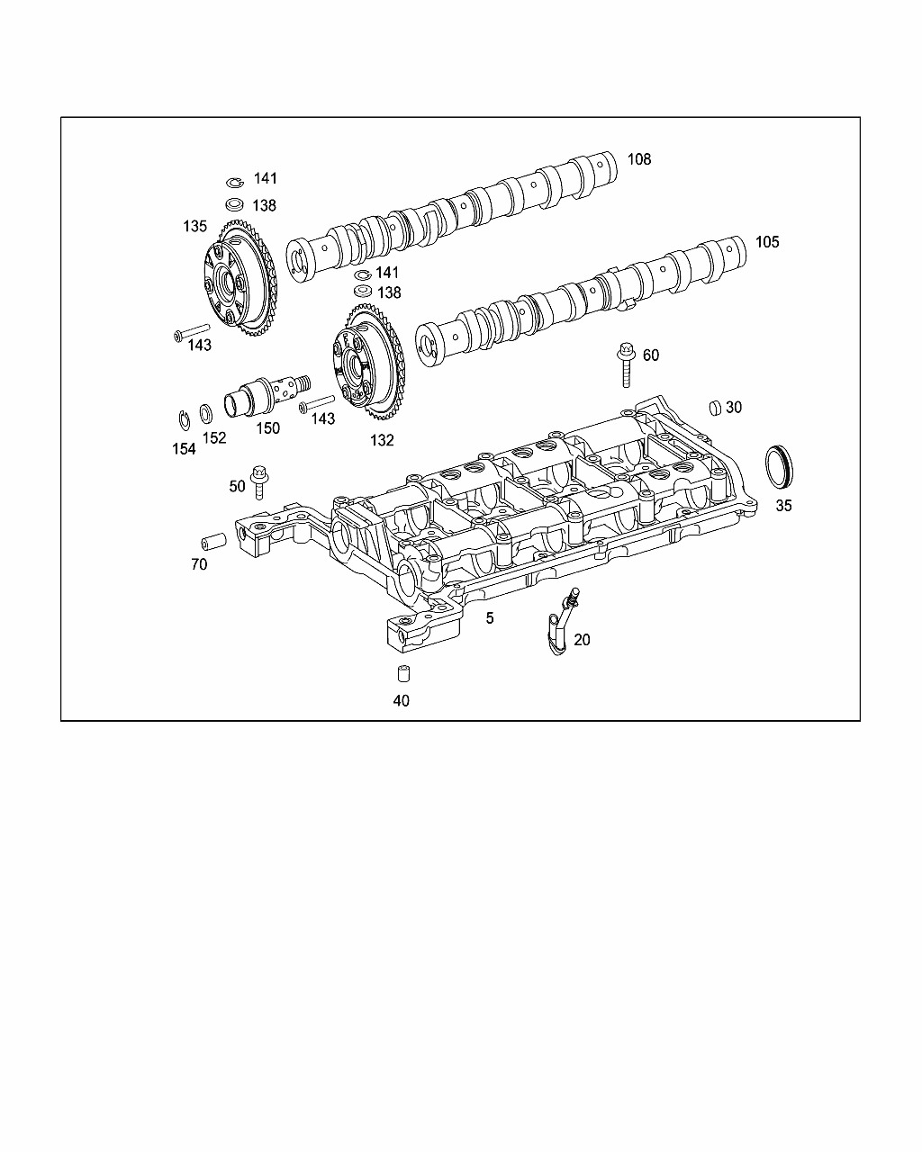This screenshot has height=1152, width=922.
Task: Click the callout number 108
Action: coord(639,159)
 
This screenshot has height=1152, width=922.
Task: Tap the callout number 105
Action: coord(767,242)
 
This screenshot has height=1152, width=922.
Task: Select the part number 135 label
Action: coord(194,227)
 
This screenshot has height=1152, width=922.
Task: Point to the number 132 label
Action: coord(382,440)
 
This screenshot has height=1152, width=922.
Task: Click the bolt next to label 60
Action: coord(625,364)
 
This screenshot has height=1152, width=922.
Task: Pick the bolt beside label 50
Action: coord(259,481)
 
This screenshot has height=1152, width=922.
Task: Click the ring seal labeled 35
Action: coord(779,466)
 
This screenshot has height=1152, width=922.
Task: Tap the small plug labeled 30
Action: coord(715,408)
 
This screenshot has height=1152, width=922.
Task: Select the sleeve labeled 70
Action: coord(213,541)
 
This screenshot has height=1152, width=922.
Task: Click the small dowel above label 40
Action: coord(404,673)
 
